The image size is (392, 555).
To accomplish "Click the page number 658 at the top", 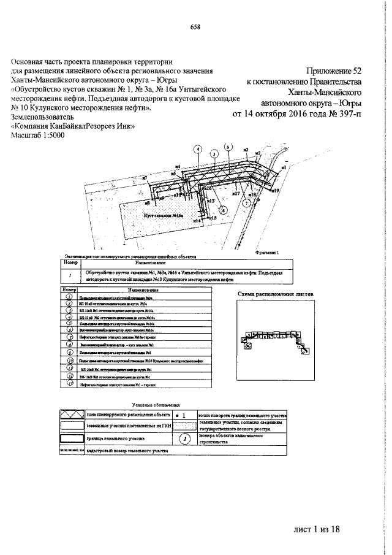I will click(x=195, y=26).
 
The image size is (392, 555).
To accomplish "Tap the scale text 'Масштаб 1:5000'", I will click(x=42, y=136).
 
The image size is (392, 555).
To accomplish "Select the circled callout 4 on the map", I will click(x=197, y=149).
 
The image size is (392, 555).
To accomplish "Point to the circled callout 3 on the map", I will click(x=214, y=153).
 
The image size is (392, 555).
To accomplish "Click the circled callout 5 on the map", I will click(x=228, y=147).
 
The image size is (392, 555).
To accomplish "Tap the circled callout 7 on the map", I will click(x=246, y=202).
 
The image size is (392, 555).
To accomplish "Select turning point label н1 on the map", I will click(x=284, y=167).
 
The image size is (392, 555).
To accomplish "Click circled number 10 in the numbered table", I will click(x=70, y=361).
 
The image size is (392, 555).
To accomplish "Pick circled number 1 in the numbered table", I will click(x=70, y=296).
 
